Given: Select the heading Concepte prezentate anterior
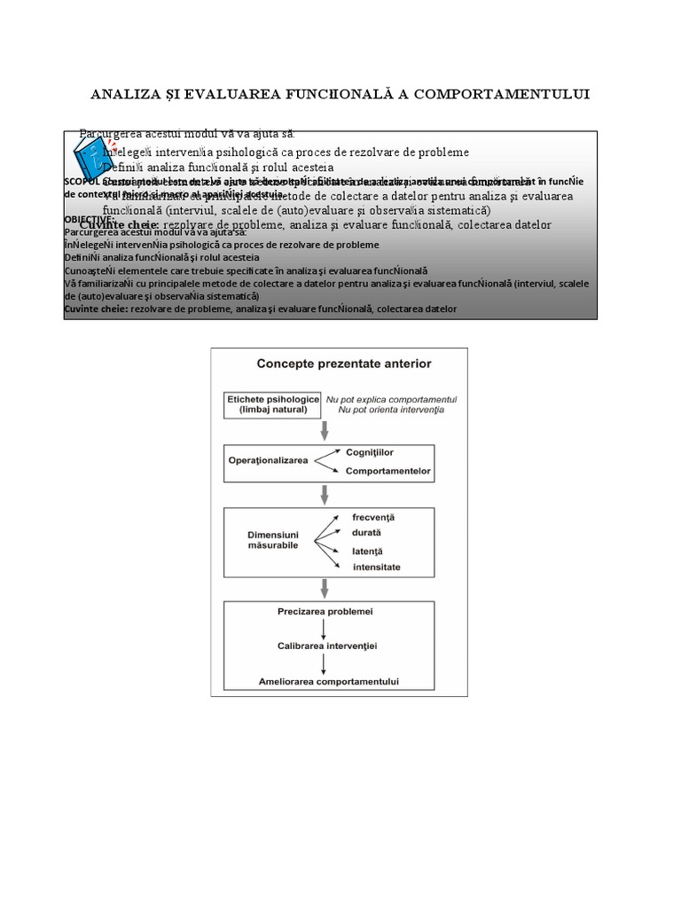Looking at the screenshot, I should tap(338, 363).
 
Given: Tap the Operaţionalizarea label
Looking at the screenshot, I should tap(268, 461).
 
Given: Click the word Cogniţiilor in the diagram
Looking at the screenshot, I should tap(370, 452).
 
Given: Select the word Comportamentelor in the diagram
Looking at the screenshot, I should tap(387, 471).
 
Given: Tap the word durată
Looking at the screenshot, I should tap(366, 533).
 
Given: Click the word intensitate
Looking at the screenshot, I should tap(376, 567).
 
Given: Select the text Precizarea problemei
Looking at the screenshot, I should tap(325, 613).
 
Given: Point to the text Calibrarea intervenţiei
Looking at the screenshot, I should tap(327, 646).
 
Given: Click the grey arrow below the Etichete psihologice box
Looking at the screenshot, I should tap(325, 432).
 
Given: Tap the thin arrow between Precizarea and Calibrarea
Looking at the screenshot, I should tap(325, 630).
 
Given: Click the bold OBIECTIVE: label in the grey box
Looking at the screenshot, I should tap(90, 219).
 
